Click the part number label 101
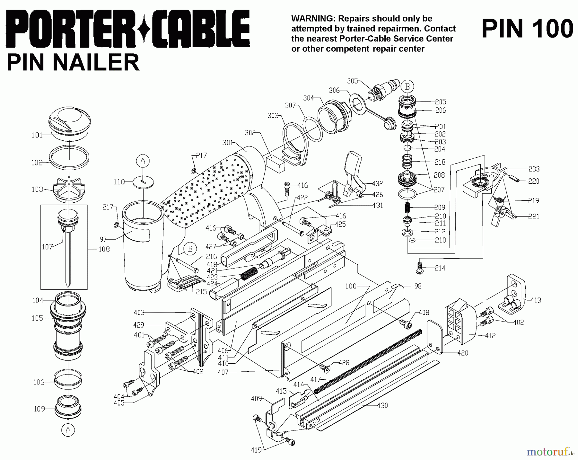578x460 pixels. pos(37,135)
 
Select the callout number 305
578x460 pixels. pos(352,81)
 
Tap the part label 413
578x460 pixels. pos(536,300)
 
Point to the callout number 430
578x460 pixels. pos(382,405)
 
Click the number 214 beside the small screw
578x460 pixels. pos(440,268)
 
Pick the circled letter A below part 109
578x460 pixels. pos(68,430)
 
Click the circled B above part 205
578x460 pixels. pos(407,87)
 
